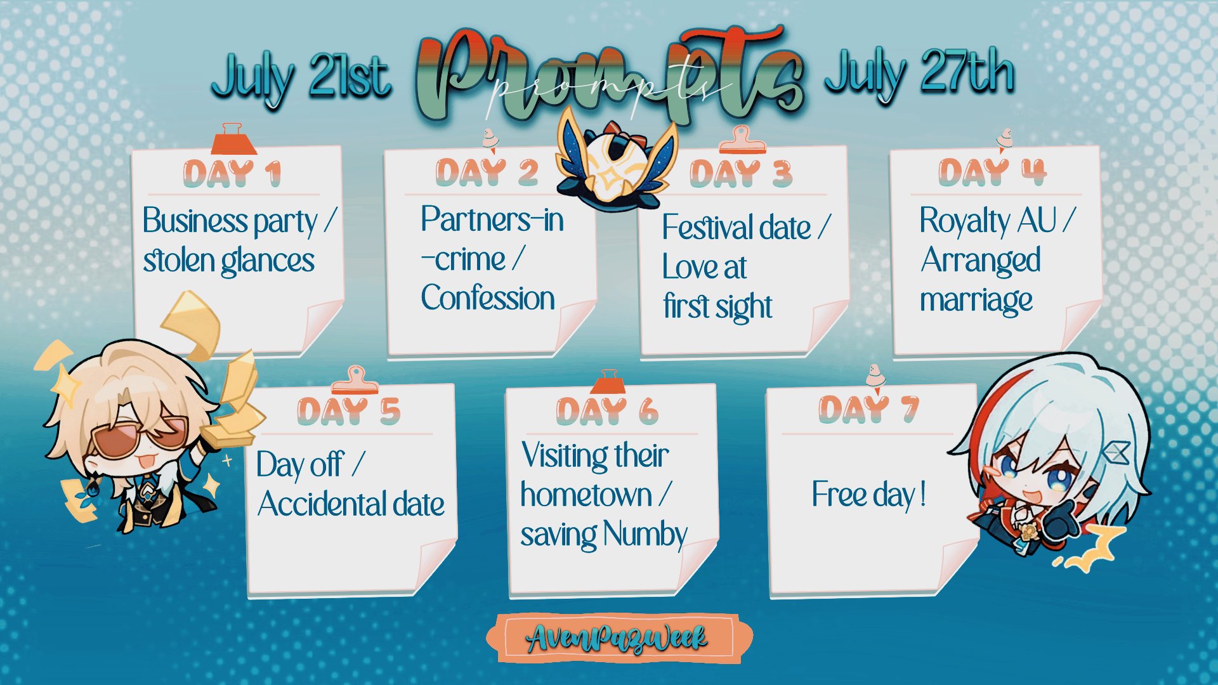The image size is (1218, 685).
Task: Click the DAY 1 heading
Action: click(x=232, y=174)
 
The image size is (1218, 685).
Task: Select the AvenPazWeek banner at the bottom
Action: click(x=619, y=639)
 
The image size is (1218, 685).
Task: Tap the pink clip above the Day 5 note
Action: click(x=355, y=380)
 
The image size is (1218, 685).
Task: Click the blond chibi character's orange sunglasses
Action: click(x=139, y=434)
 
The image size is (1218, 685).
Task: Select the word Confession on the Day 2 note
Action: click(x=488, y=297)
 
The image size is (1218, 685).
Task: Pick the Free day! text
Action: click(x=869, y=495)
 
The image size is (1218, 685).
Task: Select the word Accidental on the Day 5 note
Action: click(x=322, y=504)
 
